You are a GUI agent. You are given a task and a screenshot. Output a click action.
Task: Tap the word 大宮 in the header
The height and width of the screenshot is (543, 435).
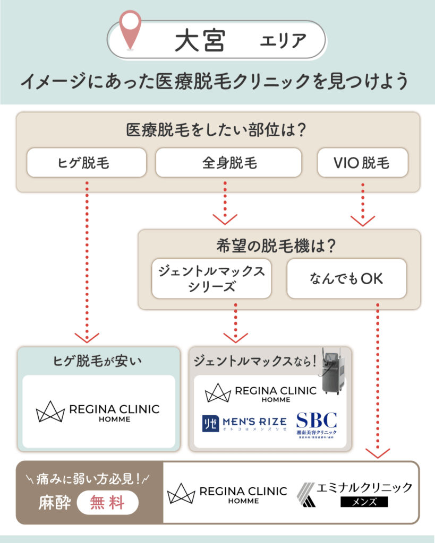pos(200,41)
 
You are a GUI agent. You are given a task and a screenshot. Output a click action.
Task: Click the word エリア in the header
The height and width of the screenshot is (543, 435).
pos(283,41)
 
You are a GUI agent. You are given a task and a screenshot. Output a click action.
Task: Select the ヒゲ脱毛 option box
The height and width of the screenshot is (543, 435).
pos(86,162)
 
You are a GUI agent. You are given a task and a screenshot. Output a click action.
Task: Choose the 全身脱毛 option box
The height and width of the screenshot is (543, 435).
pos(228,162)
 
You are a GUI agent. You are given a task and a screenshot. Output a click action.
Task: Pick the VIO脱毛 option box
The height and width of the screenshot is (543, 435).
pos(362,162)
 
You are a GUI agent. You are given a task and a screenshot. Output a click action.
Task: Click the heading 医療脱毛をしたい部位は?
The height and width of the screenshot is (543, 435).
pos(218,129)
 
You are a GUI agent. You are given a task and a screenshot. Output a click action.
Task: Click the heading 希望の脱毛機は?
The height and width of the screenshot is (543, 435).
pos(279,246)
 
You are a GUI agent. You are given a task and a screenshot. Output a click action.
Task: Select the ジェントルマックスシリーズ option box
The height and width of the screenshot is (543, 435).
pos(211,278)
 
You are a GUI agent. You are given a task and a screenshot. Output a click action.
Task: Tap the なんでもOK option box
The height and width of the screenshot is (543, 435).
pos(346,278)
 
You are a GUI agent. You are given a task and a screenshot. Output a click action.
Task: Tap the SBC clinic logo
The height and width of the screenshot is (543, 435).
pos(316,426)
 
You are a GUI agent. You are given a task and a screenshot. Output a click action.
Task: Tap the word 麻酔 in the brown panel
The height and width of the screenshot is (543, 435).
pos(54,502)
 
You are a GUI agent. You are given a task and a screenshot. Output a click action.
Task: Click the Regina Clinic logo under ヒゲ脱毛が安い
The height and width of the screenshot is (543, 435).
pos(98,412)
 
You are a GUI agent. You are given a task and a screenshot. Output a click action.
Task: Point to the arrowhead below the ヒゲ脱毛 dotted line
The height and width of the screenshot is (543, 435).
pos(87,337)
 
